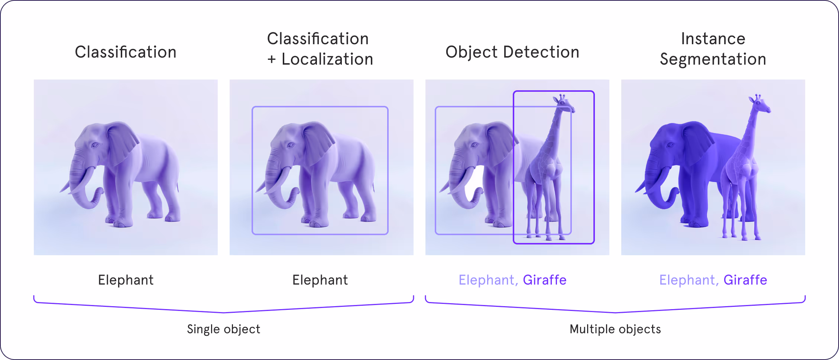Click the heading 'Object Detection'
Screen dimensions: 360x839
tap(512, 52)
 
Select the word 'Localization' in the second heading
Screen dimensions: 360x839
tap(327, 59)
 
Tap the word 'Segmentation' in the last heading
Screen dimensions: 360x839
tap(713, 59)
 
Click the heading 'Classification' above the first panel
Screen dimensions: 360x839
tap(126, 52)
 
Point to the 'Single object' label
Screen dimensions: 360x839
tap(223, 329)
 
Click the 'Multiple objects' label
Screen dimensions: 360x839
tap(615, 329)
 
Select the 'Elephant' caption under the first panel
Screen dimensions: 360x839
tap(126, 280)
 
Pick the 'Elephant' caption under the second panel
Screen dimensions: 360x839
tap(320, 280)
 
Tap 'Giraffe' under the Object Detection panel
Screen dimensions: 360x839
tap(544, 280)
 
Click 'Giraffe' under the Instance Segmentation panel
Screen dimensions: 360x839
tap(745, 280)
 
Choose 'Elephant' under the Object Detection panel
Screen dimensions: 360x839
tap(486, 280)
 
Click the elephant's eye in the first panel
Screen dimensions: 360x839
tap(95, 145)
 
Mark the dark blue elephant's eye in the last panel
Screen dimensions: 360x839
tap(671, 145)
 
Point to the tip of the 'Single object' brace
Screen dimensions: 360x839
tap(224, 312)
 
